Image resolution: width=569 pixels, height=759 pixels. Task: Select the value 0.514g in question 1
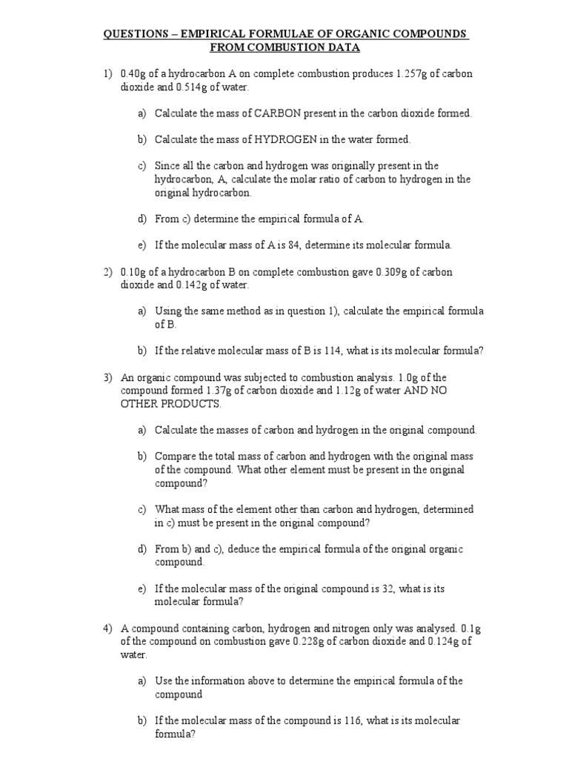pyautogui.click(x=191, y=87)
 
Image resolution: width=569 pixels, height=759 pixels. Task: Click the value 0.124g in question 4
pyautogui.click(x=444, y=642)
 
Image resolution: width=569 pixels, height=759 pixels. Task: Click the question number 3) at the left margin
pyautogui.click(x=107, y=377)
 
